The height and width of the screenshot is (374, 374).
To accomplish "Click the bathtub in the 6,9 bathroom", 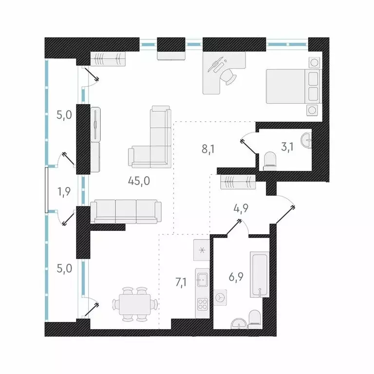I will point(260,274).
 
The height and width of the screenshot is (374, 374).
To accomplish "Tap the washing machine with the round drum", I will point(221,296).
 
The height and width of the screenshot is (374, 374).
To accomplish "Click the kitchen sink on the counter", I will point(203,280).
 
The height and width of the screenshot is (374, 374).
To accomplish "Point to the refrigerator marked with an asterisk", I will point(202,250).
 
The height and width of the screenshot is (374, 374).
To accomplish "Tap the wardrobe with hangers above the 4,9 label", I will point(238,182).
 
